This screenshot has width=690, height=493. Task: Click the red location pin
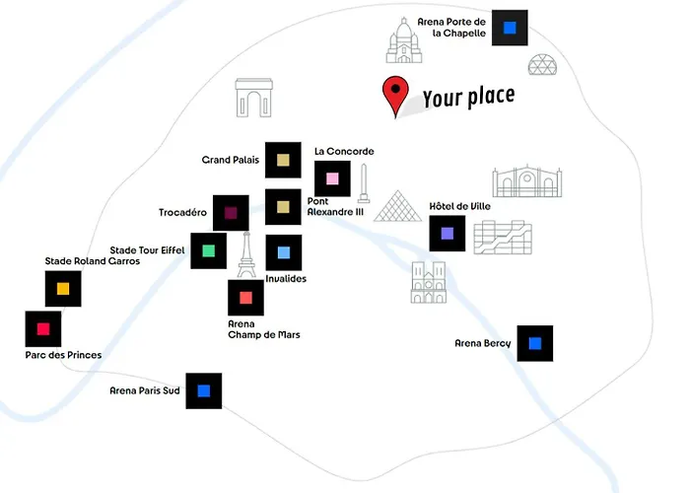(395, 93)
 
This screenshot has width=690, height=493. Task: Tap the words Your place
(468, 97)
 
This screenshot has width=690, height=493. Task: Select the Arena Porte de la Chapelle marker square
(510, 28)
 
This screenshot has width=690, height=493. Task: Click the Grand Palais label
(230, 160)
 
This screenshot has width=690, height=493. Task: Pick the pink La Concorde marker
(332, 178)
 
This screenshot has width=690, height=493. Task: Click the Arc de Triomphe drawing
(254, 98)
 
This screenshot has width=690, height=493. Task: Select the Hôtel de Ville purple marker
(448, 234)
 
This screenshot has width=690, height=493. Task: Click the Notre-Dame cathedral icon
(429, 282)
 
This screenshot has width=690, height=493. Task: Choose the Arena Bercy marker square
(535, 343)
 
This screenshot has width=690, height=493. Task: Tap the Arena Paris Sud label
(144, 390)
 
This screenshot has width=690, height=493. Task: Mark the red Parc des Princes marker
(43, 329)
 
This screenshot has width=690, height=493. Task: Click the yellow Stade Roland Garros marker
(63, 289)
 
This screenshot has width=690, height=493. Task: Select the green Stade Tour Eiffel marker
(209, 250)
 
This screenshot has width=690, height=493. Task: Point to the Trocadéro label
(182, 213)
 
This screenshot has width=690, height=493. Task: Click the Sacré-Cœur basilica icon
(404, 40)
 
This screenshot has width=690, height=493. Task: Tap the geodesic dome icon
(542, 64)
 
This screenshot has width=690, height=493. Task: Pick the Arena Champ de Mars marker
(246, 298)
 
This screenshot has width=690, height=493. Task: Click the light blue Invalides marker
(284, 252)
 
